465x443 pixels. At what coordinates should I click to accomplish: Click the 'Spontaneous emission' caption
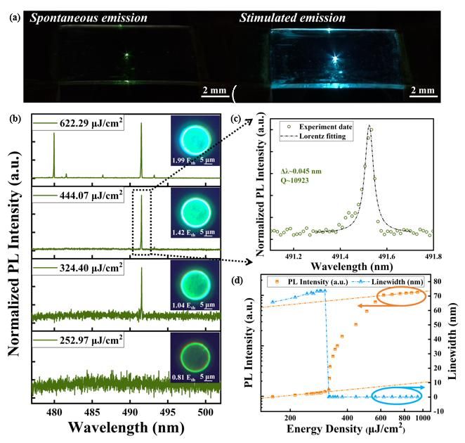coord(87,17)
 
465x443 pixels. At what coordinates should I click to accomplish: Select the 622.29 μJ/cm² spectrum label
coord(82,123)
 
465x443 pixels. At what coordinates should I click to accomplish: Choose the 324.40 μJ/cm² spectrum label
coord(82,267)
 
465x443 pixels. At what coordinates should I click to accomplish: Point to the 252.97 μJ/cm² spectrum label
coord(82,341)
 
